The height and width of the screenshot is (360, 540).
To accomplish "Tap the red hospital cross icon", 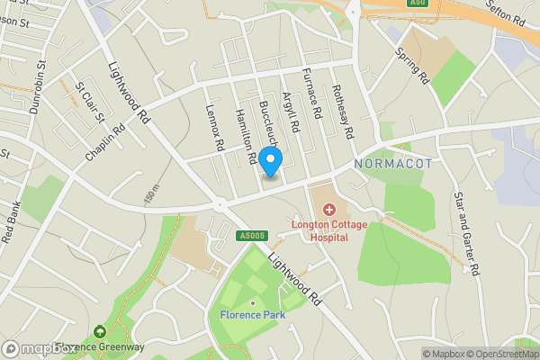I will (x=330, y=209).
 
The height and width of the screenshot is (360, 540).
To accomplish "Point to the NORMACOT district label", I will (x=393, y=164).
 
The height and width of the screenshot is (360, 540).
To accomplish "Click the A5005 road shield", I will (x=254, y=236).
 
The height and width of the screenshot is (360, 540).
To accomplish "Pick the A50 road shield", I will (x=416, y=4).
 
